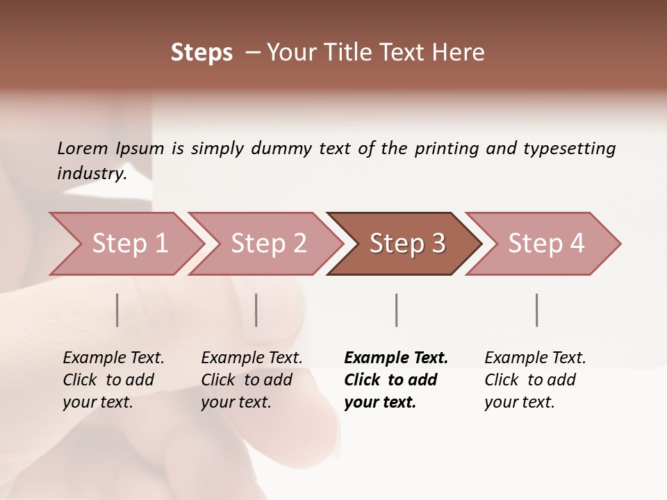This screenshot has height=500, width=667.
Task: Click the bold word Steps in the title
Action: [x=201, y=53]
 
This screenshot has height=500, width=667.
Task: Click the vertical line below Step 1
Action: [x=117, y=310]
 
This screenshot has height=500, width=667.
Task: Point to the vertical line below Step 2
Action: [x=256, y=310]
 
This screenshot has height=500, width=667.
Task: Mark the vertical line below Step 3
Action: [x=397, y=310]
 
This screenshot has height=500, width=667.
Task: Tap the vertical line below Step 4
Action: [x=537, y=310]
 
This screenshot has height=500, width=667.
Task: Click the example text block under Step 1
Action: [x=113, y=380]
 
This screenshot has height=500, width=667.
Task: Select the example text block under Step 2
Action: [x=252, y=380]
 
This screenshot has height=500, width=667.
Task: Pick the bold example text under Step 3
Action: [x=396, y=380]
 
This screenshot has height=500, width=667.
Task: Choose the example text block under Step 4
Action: [x=535, y=380]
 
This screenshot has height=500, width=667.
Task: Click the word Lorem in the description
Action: [x=83, y=148]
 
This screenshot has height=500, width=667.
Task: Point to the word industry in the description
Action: [x=91, y=174]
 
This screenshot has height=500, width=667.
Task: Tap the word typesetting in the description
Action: [x=569, y=149]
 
